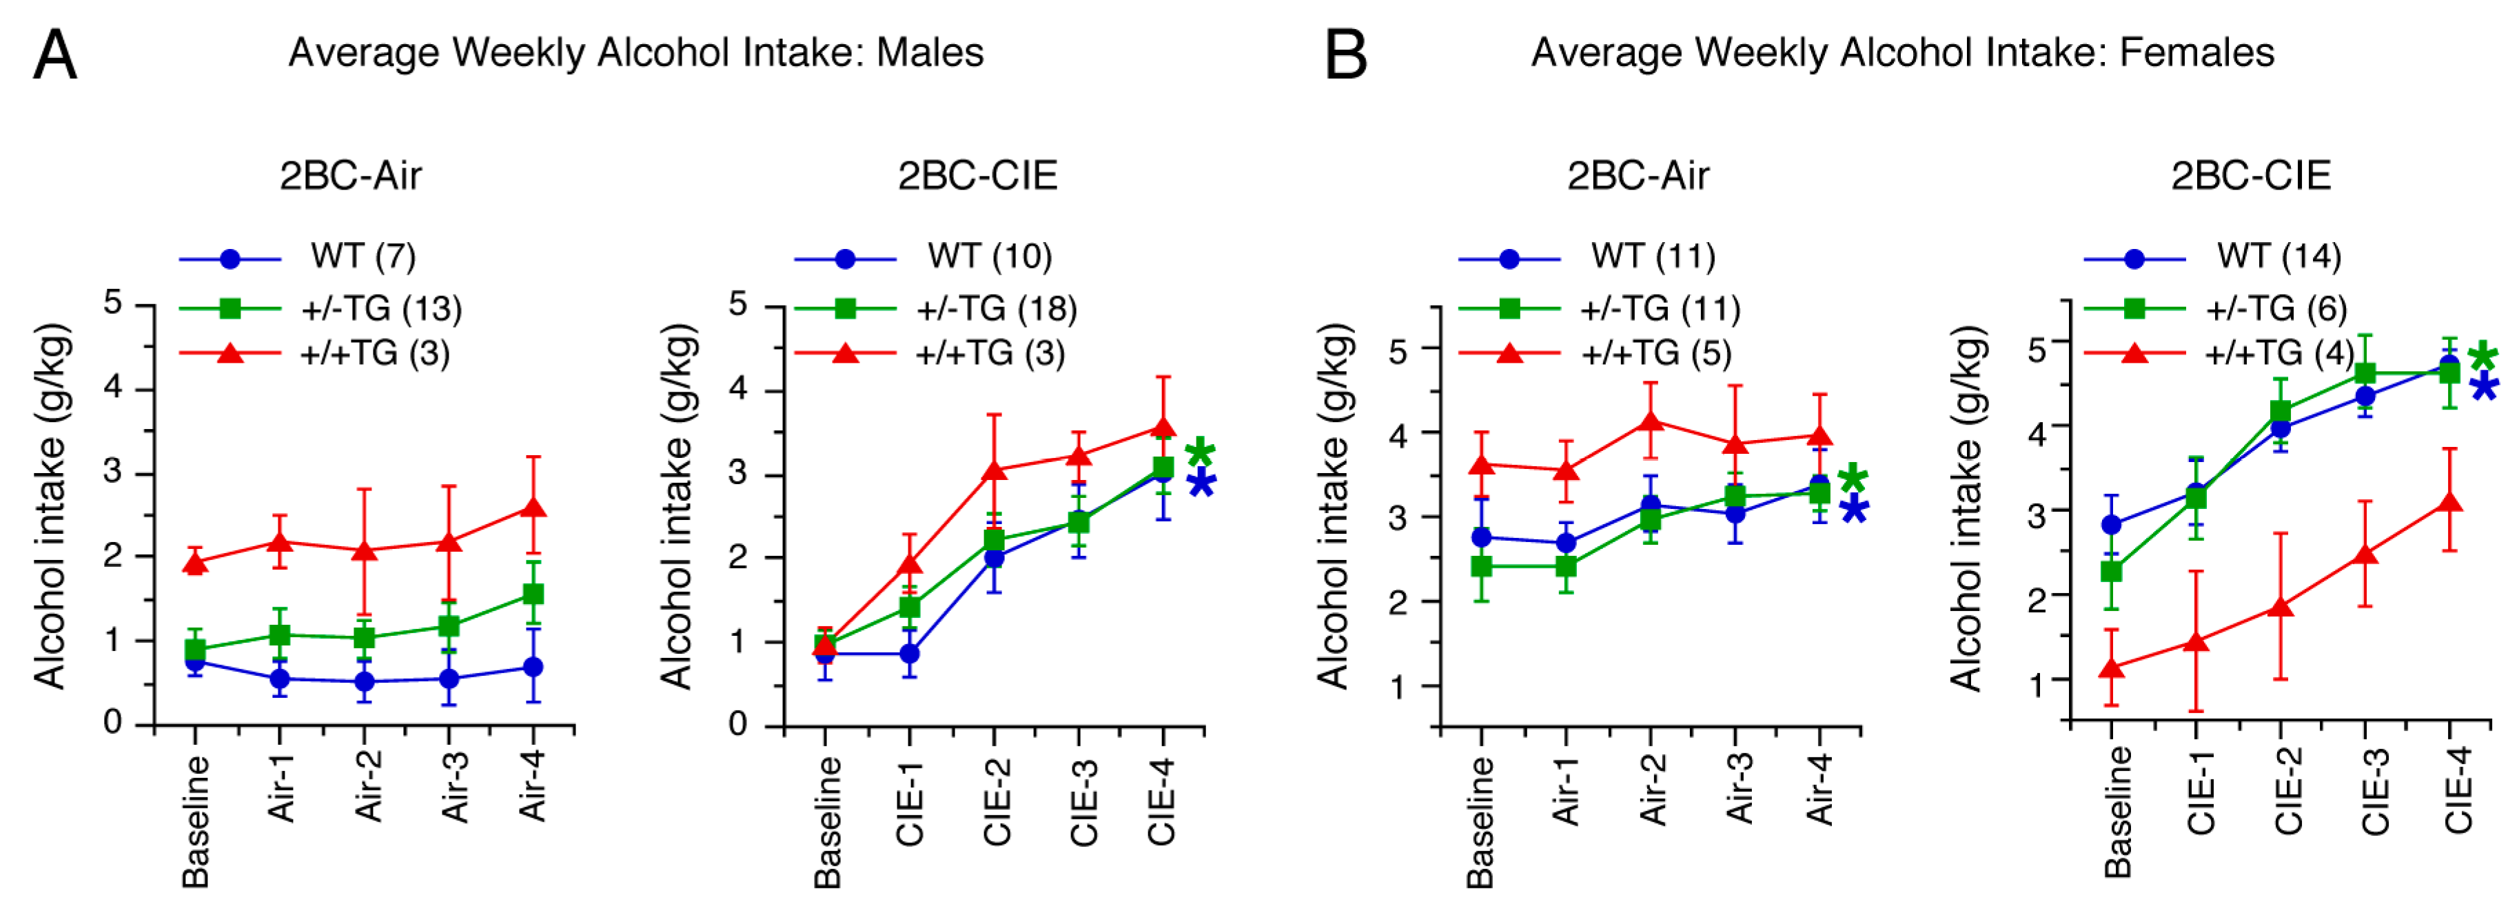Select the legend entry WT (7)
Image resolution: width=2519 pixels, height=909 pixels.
pos(363,257)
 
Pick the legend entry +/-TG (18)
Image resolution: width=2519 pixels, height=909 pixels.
pos(995,309)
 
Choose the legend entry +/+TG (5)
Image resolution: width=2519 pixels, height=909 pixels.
pos(1657,352)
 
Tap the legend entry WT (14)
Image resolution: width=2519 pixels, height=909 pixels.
pos(2278,257)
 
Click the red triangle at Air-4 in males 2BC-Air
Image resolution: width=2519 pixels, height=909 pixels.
pos(533,508)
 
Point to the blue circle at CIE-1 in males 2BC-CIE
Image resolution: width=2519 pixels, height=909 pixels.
pos(910,652)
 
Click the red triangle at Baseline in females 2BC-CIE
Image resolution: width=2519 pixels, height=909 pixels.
pos(2111,668)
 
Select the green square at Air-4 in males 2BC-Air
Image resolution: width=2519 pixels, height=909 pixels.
pos(533,594)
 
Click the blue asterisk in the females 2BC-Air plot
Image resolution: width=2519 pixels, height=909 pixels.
pos(1854,509)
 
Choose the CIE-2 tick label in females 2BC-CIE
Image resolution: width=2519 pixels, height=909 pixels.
pos(2287,790)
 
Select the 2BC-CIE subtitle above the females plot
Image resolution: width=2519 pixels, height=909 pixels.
pos(2250,176)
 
